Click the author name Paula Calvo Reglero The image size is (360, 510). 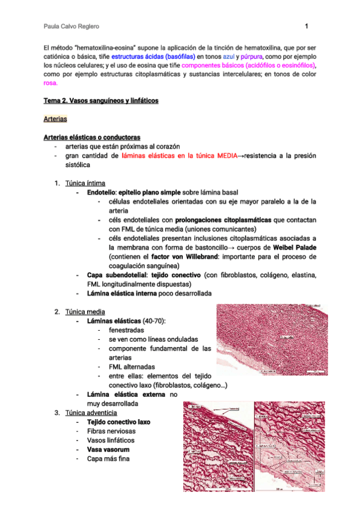pos(72,27)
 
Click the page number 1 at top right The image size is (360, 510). pos(307,26)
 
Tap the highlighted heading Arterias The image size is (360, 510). pos(56,119)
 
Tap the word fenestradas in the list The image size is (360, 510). pos(126,330)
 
